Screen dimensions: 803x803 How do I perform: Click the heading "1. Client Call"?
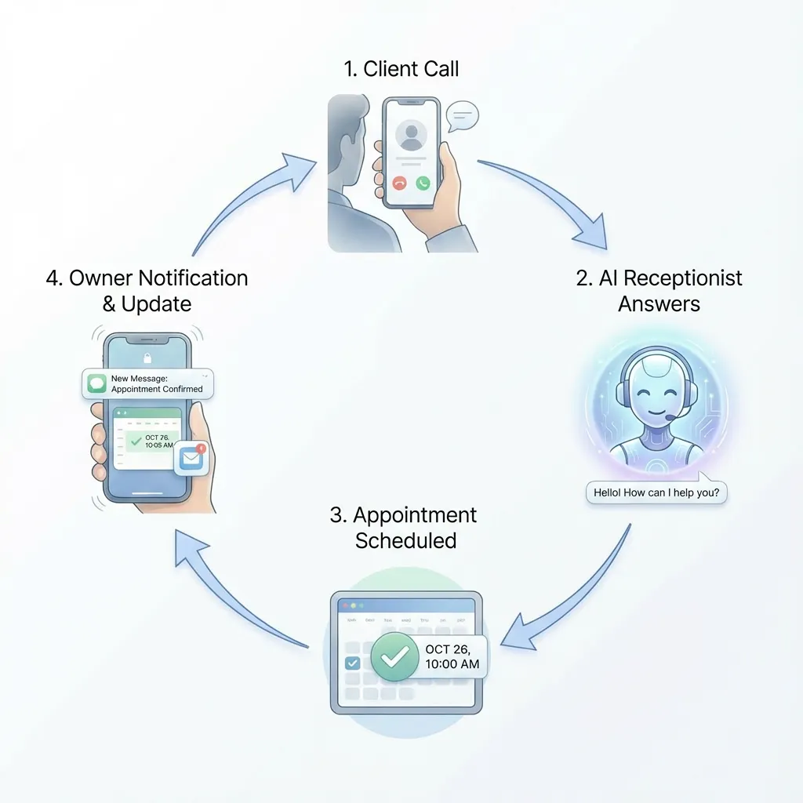pyautogui.click(x=401, y=69)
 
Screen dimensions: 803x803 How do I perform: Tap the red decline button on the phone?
pyautogui.click(x=399, y=183)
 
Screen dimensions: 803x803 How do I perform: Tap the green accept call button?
pyautogui.click(x=423, y=183)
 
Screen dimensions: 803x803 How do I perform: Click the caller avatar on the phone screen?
pyautogui.click(x=411, y=136)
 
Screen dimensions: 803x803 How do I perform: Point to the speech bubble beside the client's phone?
pyautogui.click(x=461, y=118)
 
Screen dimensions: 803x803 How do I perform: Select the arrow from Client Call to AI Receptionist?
pyautogui.click(x=549, y=196)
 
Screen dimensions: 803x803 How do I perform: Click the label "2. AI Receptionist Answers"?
pyautogui.click(x=659, y=290)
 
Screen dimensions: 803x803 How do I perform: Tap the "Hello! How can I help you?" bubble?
pyautogui.click(x=656, y=493)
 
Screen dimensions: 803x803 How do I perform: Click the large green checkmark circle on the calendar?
pyautogui.click(x=394, y=657)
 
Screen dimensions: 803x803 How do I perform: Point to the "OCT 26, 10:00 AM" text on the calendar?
pyautogui.click(x=452, y=657)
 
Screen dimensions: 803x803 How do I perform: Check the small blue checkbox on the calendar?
pyautogui.click(x=353, y=663)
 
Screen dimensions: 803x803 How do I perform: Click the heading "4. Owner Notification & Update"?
pyautogui.click(x=147, y=290)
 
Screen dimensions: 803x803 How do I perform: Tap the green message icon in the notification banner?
pyautogui.click(x=96, y=383)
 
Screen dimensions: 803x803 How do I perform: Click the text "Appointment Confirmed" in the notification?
pyautogui.click(x=157, y=389)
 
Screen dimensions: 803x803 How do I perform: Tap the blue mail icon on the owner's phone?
pyautogui.click(x=191, y=459)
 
